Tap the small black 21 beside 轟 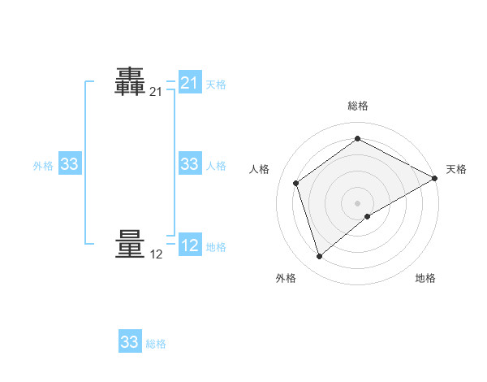156,92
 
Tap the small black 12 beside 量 156,254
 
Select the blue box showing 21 189,83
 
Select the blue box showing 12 189,245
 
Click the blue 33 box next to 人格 189,164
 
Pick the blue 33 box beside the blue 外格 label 69,164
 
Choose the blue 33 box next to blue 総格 130,342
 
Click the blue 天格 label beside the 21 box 216,84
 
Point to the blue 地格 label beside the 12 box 216,247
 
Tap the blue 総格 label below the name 156,344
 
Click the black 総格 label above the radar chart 358,106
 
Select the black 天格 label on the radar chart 456,169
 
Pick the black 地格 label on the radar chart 425,278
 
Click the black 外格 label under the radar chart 286,278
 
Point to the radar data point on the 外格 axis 319,257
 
